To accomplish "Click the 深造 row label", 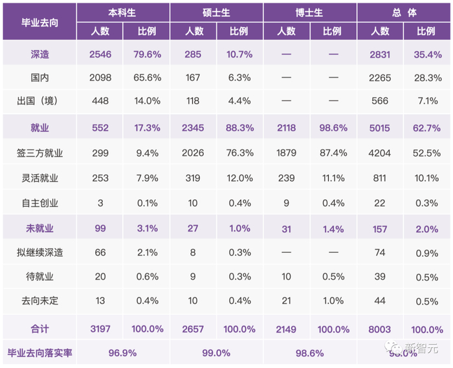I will (39, 54).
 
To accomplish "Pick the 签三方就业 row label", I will (39, 153).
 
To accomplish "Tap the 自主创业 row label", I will (39, 203).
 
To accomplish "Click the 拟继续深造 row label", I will (39, 252).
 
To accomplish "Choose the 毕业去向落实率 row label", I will (39, 353).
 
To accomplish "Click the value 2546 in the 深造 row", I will (100, 54).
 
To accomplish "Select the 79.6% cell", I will (148, 54).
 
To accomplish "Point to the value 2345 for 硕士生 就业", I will (194, 128).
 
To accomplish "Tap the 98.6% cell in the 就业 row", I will (334, 128).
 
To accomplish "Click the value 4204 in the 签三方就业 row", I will (380, 153).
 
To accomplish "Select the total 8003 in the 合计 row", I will (380, 329).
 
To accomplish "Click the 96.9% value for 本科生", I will (123, 353).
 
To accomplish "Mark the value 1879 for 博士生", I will (287, 153).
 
